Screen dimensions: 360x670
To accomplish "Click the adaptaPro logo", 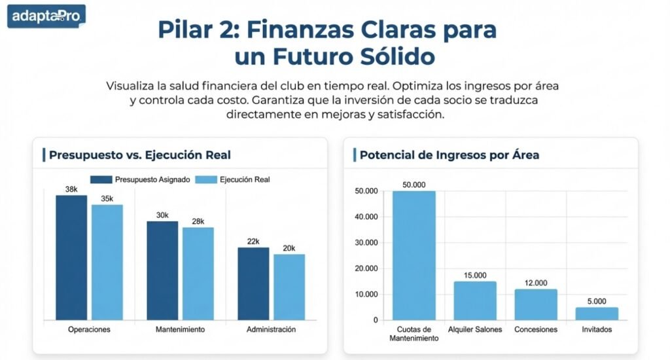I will pyautogui.click(x=46, y=16).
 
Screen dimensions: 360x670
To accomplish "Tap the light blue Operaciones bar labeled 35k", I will pyautogui.click(x=107, y=262).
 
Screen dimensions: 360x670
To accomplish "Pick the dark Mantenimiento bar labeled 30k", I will pyautogui.click(x=162, y=270).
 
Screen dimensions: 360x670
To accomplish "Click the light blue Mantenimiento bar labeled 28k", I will pyautogui.click(x=198, y=274).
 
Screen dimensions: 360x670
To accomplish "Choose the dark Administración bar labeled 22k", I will pyautogui.click(x=253, y=283).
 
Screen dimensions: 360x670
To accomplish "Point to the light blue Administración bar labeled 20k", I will pyautogui.click(x=289, y=287).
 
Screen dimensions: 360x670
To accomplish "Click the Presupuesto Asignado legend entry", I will pyautogui.click(x=141, y=179).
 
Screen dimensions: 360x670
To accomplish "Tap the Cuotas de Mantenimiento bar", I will pyautogui.click(x=414, y=255).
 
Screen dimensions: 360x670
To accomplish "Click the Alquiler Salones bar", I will pyautogui.click(x=475, y=300).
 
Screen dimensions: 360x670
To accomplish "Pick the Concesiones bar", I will pyautogui.click(x=536, y=304).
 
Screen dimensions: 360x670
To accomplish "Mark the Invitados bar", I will pyautogui.click(x=597, y=314).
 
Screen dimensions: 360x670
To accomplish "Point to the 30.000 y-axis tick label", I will pyautogui.click(x=366, y=243).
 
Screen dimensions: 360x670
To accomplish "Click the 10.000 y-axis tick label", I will pyautogui.click(x=366, y=295).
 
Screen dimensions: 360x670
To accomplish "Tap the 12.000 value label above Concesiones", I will pyautogui.click(x=536, y=283).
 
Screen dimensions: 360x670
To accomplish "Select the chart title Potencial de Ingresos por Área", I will pyautogui.click(x=450, y=155).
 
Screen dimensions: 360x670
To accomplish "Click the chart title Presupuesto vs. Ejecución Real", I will pyautogui.click(x=139, y=155).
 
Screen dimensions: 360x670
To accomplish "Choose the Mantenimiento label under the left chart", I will pyautogui.click(x=181, y=329).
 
